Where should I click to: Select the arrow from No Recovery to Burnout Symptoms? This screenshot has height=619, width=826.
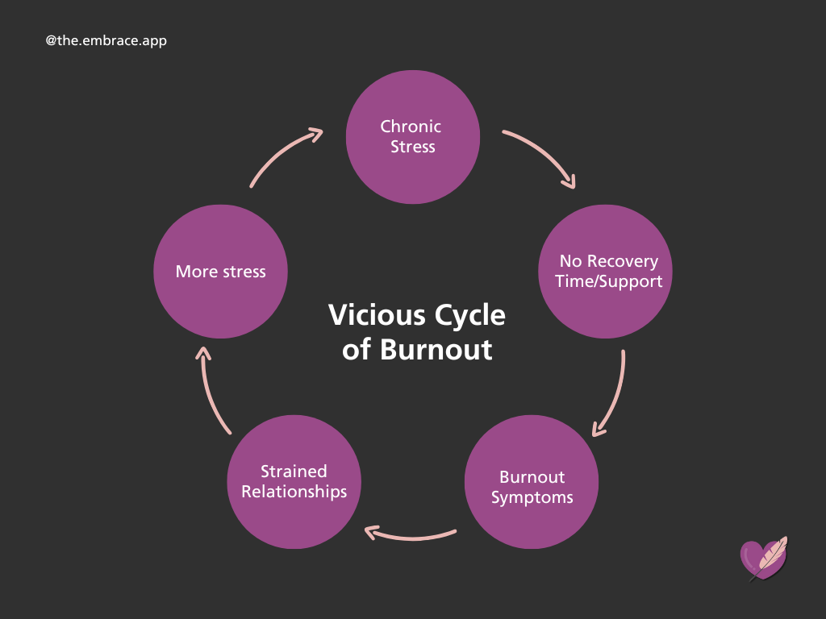point(615,395)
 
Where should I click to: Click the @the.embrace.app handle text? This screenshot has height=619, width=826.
point(106,39)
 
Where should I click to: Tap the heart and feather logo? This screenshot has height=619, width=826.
point(762,559)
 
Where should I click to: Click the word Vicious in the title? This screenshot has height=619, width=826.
point(365,315)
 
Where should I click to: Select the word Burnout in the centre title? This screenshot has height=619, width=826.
point(436,350)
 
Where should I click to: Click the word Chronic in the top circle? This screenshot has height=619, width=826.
point(411,127)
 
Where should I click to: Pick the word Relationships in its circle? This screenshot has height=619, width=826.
point(294,492)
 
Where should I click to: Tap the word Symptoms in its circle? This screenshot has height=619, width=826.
point(532,497)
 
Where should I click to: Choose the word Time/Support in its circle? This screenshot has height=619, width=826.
point(609,281)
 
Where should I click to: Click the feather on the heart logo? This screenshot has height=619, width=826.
point(772,554)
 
